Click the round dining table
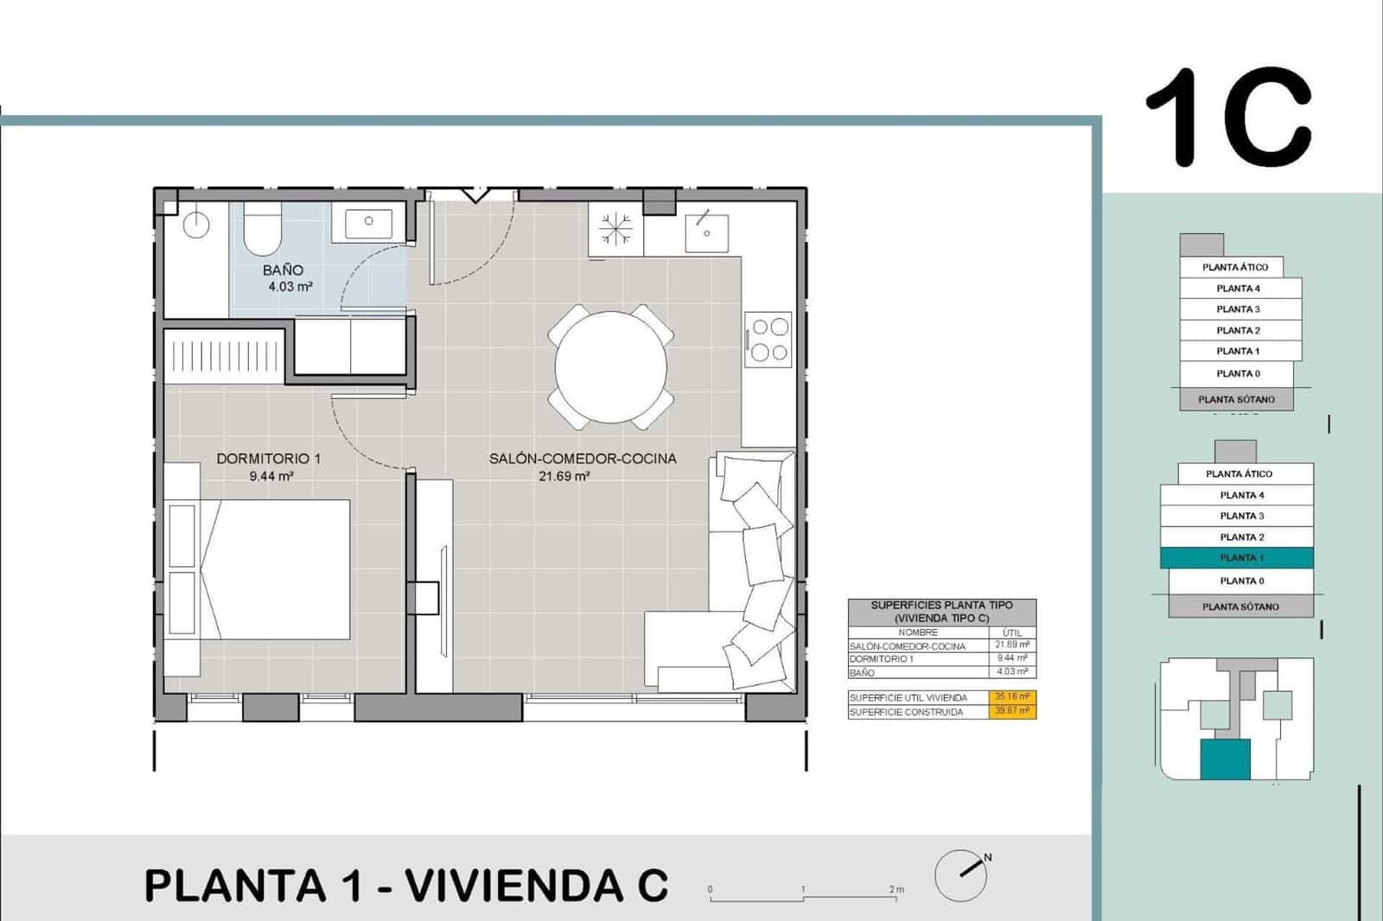coord(611,367)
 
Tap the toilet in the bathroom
coord(262,228)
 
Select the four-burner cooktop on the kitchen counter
coord(768,340)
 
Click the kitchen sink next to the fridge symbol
coord(706,228)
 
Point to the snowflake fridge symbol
coord(615,229)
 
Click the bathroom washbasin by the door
coord(368,222)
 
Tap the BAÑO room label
coord(284,270)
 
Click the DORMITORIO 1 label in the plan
coord(268,459)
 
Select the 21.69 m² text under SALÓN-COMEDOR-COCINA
coord(564,476)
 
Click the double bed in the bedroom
coord(277,569)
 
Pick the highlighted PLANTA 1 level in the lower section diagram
coord(1236,558)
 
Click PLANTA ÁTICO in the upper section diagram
coord(1230,268)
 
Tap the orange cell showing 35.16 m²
coord(1012,696)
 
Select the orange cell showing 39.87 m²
coord(1012,711)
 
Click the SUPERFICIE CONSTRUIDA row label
coord(905,712)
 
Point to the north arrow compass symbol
coord(961,874)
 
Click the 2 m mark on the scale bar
coord(895,890)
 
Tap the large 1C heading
coord(1228,118)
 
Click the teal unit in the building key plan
coord(1224,759)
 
